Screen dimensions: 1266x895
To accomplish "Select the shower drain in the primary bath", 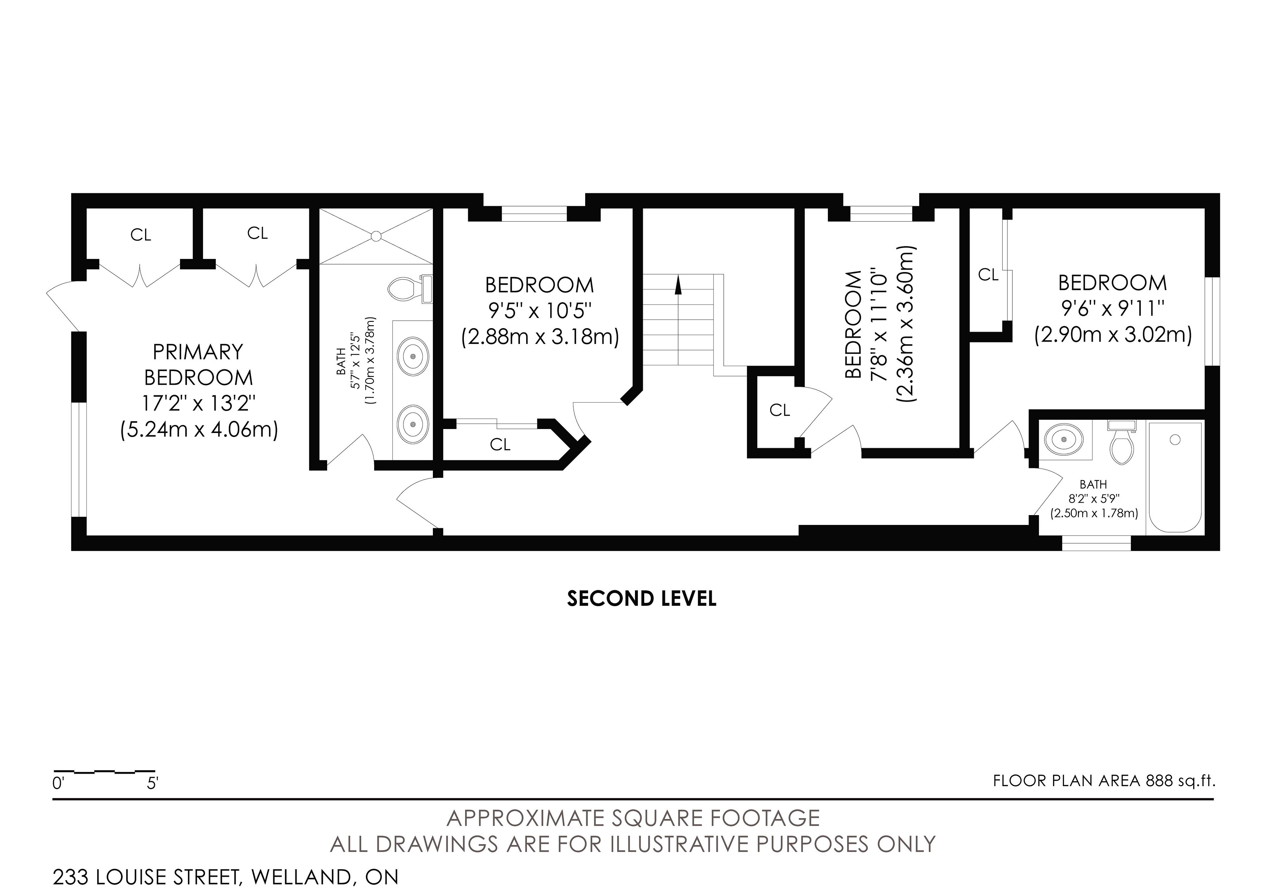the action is coord(376,236).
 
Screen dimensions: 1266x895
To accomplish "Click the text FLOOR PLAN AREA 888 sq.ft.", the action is coord(1104,781).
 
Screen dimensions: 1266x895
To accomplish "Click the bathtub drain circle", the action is coord(1175,440).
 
